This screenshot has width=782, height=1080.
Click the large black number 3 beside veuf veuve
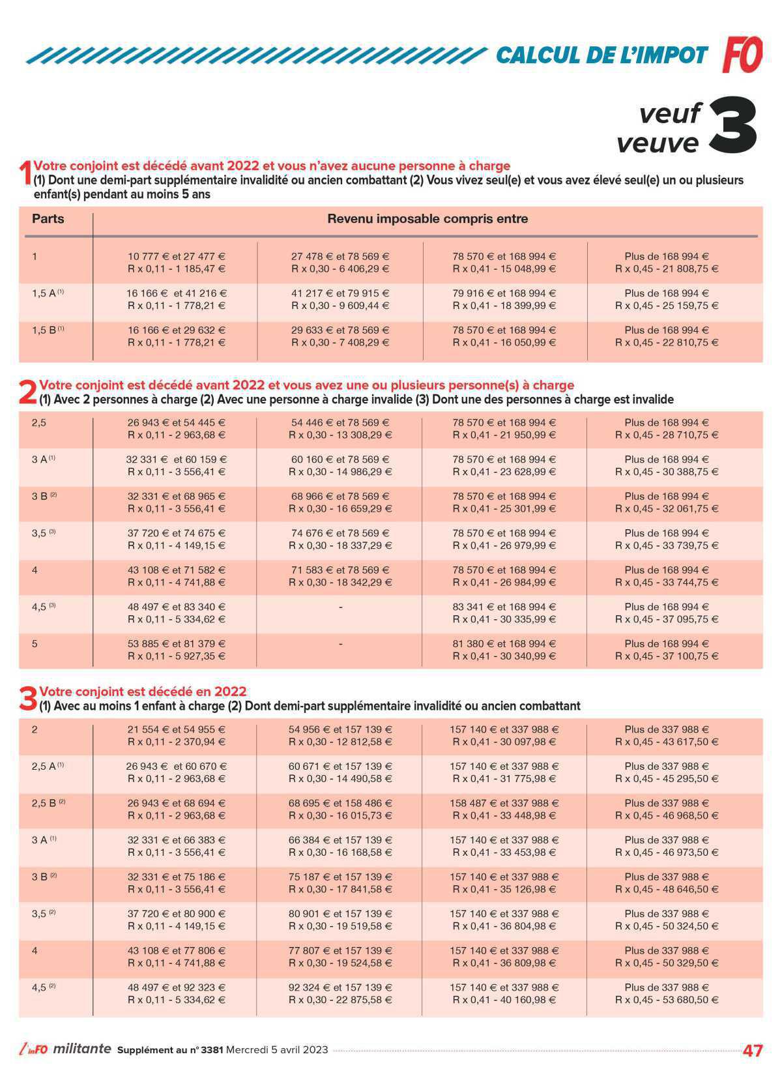[732, 127]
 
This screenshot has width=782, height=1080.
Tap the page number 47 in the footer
[753, 1050]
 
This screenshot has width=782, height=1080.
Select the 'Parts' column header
[48, 218]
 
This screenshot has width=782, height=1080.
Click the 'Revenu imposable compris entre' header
[427, 219]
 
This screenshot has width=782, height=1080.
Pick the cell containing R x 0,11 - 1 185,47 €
[177, 269]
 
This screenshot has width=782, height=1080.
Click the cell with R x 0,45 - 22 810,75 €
[667, 342]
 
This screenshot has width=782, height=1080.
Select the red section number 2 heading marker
[27, 392]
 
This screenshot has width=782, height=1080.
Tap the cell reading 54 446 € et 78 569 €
[340, 422]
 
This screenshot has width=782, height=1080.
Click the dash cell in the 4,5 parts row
[340, 607]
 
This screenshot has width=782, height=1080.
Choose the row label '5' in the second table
[35, 643]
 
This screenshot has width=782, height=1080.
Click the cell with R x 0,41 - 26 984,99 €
[504, 582]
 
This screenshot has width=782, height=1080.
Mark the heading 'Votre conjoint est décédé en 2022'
[143, 691]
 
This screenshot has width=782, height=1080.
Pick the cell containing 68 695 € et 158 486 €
[340, 803]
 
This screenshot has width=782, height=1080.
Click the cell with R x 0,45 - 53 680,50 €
[667, 1000]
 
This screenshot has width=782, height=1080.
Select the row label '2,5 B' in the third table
[47, 803]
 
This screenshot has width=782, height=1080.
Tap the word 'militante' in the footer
[82, 1049]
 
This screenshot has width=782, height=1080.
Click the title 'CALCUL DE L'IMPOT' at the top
[601, 55]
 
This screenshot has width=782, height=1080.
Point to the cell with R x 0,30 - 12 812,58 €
[340, 742]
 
